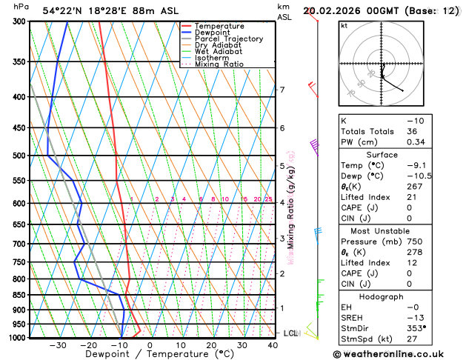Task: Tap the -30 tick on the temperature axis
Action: (x=58, y=345)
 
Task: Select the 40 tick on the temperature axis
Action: (x=273, y=345)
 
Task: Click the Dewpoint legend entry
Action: (x=212, y=33)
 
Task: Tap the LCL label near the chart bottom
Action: (x=290, y=333)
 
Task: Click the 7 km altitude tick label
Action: (x=282, y=90)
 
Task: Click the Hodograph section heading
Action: (x=382, y=296)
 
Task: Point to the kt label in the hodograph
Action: (x=344, y=25)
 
